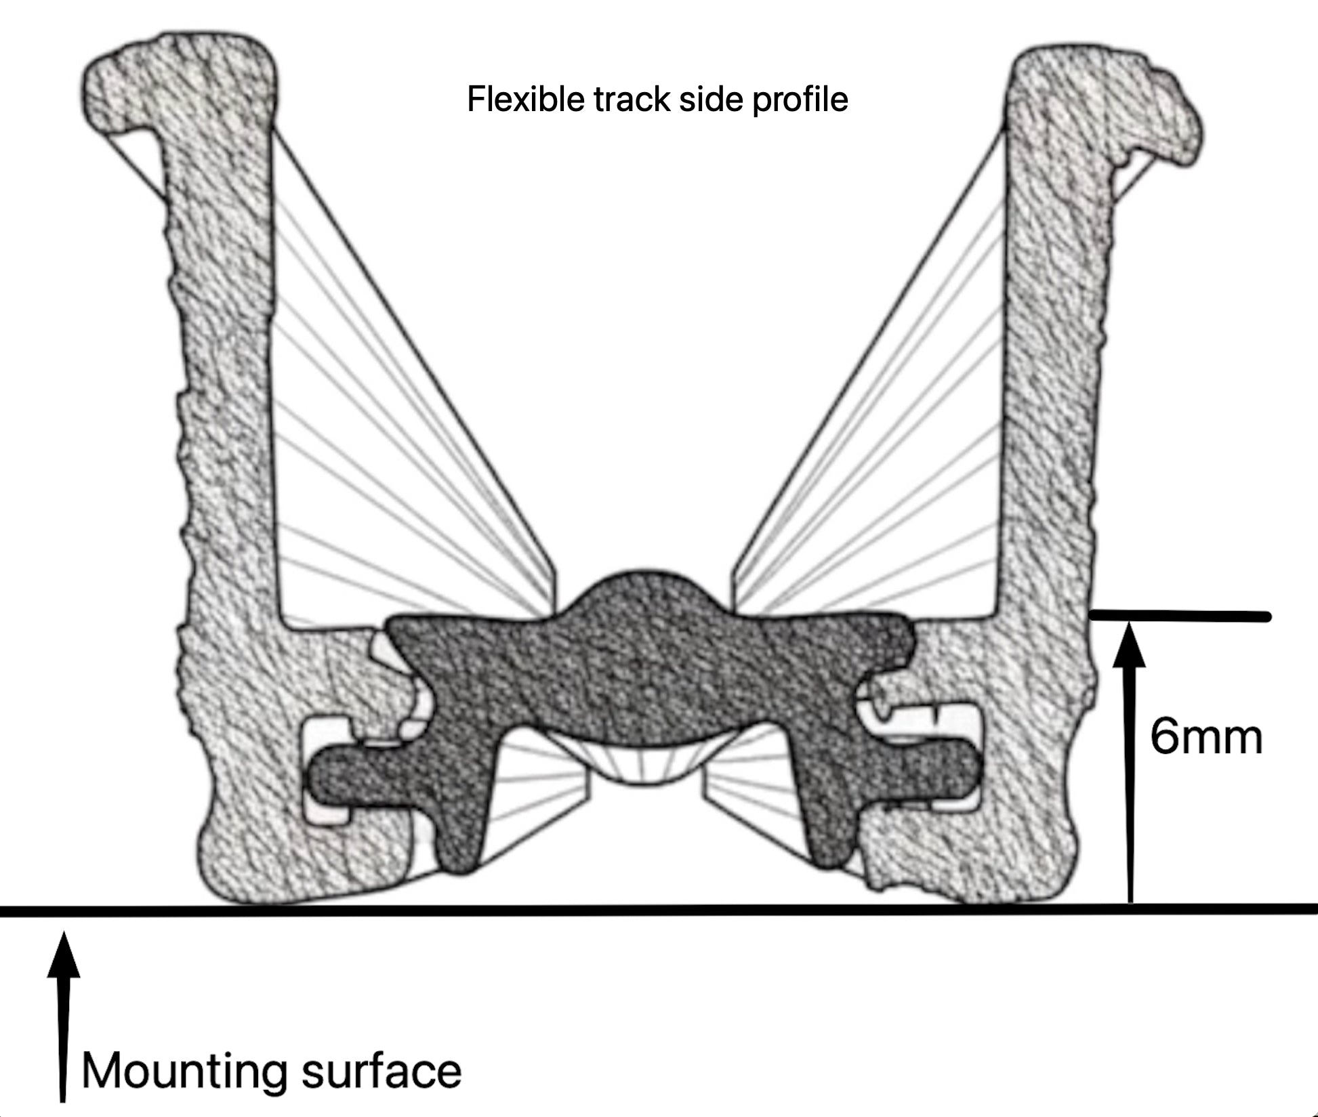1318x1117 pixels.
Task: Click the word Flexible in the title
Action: pos(525,100)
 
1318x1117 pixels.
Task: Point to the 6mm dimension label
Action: pos(1206,737)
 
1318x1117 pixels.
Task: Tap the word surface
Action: pos(381,1071)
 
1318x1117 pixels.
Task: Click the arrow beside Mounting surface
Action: pos(63,1016)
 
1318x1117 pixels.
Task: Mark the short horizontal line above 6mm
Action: pos(1179,616)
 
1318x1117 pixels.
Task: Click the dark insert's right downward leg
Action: pos(827,833)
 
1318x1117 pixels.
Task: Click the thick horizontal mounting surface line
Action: pos(659,910)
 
